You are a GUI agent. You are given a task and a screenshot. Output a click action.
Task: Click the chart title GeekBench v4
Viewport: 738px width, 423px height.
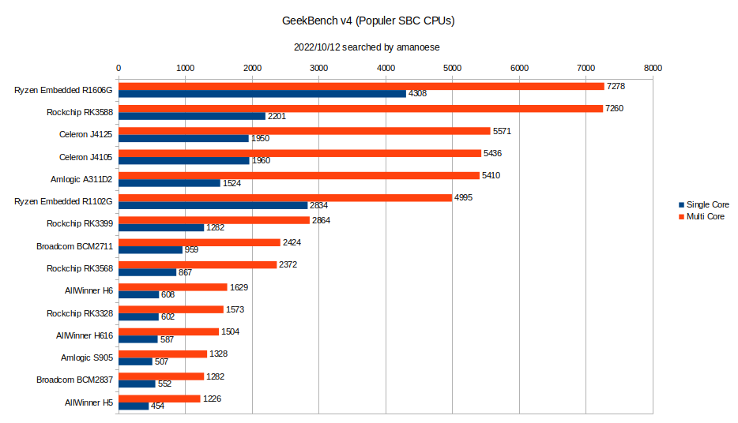pyautogui.click(x=368, y=21)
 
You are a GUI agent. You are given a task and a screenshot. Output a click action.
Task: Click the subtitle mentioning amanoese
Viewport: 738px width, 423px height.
pyautogui.click(x=368, y=47)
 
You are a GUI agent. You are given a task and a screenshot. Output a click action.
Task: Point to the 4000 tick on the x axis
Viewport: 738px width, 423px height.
pyautogui.click(x=386, y=69)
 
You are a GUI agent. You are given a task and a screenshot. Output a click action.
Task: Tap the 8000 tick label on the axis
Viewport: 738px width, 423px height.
pyautogui.click(x=653, y=69)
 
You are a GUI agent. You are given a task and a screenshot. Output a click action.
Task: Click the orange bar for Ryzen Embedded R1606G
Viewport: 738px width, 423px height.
pyautogui.click(x=361, y=86)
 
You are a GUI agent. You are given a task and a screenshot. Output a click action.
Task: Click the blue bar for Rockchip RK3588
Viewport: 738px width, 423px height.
pyautogui.click(x=192, y=116)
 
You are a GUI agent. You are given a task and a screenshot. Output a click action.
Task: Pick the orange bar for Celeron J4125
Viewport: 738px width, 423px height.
pyautogui.click(x=304, y=131)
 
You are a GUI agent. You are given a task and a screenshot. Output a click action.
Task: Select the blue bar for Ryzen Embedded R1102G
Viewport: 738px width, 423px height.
pyautogui.click(x=213, y=205)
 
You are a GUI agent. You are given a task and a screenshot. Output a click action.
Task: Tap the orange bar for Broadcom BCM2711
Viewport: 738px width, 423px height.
pyautogui.click(x=199, y=242)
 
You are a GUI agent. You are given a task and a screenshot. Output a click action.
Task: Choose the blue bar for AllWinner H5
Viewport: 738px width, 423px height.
pyautogui.click(x=134, y=406)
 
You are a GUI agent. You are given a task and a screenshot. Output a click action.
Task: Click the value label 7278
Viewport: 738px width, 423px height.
pyautogui.click(x=617, y=85)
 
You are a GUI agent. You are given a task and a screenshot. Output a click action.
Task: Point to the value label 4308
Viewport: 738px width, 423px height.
pyautogui.click(x=419, y=94)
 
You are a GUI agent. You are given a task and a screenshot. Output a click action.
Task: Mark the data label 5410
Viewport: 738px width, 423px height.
pyautogui.click(x=492, y=175)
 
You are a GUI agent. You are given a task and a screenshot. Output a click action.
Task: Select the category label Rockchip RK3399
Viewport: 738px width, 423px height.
pyautogui.click(x=80, y=223)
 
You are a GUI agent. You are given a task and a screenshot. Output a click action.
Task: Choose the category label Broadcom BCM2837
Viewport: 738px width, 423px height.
pyautogui.click(x=75, y=380)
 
